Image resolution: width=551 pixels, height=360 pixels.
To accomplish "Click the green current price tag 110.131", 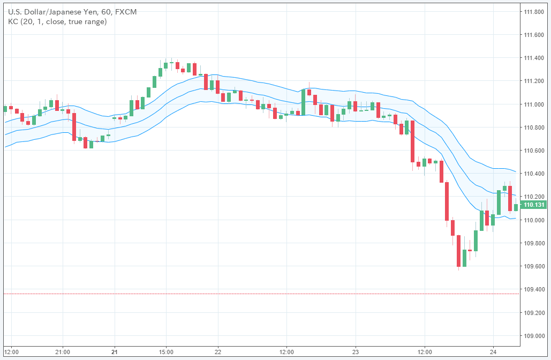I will coord(534,205).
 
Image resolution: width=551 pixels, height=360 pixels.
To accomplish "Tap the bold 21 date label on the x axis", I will coord(115,352).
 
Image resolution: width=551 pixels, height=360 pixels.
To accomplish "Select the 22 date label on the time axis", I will coord(218,352).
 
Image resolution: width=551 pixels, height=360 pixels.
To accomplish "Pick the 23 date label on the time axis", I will coord(356,352).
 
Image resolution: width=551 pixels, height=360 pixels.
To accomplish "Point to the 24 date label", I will coord(493,352).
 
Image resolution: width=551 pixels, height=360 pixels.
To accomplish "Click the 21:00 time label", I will coord(63,352).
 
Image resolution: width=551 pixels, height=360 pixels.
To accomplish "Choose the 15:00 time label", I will coord(166,352).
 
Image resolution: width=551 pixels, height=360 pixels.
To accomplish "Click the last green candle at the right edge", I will coord(516,207).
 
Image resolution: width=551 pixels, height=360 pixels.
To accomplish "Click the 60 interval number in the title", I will coord(110,11).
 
